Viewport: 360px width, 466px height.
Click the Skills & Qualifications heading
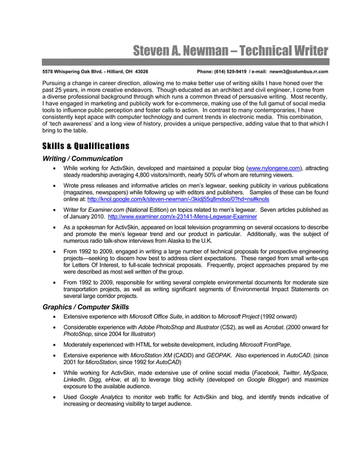pyautogui.click(x=86, y=146)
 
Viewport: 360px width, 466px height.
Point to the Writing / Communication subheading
pyautogui.click(x=82, y=159)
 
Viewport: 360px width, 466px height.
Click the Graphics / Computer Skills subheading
pyautogui.click(x=86, y=307)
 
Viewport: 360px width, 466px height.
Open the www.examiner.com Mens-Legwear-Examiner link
pyautogui.click(x=182, y=216)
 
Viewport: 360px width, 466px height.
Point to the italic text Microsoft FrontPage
pyautogui.click(x=265, y=344)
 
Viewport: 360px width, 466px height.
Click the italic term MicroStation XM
pyautogui.click(x=151, y=355)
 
